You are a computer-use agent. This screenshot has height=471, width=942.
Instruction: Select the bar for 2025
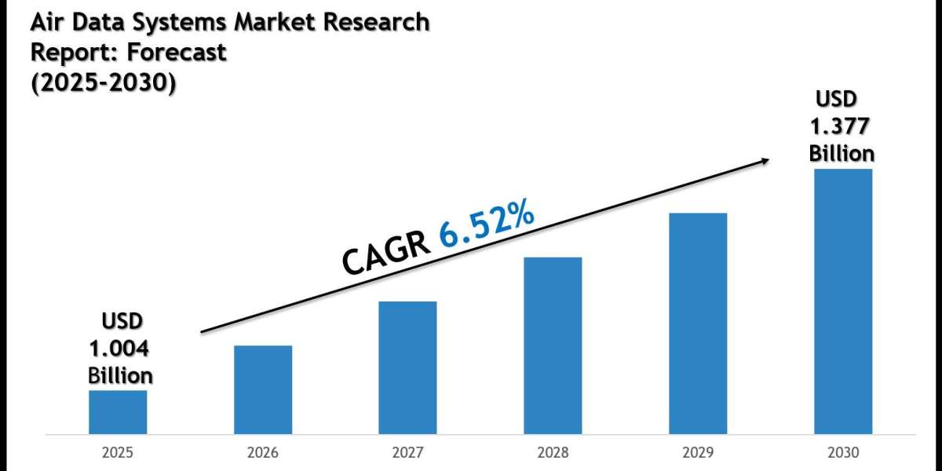pyautogui.click(x=118, y=412)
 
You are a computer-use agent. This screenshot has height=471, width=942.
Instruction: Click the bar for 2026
pyautogui.click(x=263, y=389)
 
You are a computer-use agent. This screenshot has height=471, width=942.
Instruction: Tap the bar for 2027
pyautogui.click(x=407, y=367)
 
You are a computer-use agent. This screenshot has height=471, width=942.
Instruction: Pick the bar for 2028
pyautogui.click(x=553, y=345)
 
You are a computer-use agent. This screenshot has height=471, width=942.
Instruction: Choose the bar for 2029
pyautogui.click(x=698, y=323)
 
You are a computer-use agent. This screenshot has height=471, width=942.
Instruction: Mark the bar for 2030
pyautogui.click(x=842, y=301)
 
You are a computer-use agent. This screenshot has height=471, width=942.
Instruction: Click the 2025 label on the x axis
pyautogui.click(x=118, y=453)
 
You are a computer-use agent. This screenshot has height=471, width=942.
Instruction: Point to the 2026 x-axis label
pyautogui.click(x=263, y=453)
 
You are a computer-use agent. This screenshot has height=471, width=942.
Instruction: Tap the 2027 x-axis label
pyautogui.click(x=407, y=453)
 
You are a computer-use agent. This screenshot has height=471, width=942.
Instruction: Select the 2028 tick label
pyautogui.click(x=553, y=453)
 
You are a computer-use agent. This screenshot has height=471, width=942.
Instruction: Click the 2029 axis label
pyautogui.click(x=698, y=453)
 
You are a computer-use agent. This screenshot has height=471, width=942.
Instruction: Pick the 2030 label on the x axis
pyautogui.click(x=842, y=453)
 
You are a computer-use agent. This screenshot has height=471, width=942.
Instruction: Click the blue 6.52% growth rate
pyautogui.click(x=487, y=225)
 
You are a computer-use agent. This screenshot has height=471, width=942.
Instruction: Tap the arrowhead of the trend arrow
pyautogui.click(x=763, y=160)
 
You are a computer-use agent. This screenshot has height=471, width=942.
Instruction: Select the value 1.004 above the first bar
pyautogui.click(x=120, y=348)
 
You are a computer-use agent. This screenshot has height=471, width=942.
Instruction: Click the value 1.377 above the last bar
pyautogui.click(x=842, y=126)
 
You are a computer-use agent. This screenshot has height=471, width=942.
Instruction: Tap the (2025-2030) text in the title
pyautogui.click(x=102, y=82)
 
